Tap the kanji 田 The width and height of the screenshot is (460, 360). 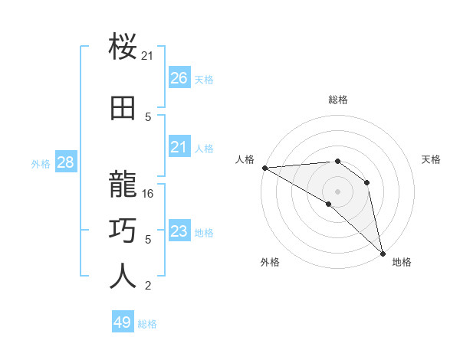pos(123,109)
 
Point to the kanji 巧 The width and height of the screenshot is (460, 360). pos(123,230)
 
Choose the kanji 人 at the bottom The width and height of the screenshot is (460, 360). pos(123,276)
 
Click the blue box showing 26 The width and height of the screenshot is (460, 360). pos(179,78)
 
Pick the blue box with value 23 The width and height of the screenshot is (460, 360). pos(179,231)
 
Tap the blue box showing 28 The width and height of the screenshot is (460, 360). pos(65,162)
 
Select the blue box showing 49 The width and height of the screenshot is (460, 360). pos(123,322)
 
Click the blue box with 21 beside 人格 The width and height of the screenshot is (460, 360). pos(179,147)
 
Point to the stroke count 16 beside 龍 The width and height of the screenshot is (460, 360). pos(149,194)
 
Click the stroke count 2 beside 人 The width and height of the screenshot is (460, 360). pos(149,286)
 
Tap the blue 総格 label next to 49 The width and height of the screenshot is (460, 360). pos(147,324)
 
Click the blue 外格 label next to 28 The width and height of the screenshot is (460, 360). pos(41,163)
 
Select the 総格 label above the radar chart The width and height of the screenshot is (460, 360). pos(338,100)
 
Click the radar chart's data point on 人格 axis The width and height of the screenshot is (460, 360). pos(264,168)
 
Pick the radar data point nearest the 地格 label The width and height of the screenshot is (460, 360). pos(381,252)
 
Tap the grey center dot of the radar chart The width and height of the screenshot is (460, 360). pos(337,191)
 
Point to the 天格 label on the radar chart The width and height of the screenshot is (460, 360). pos(432,159)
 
